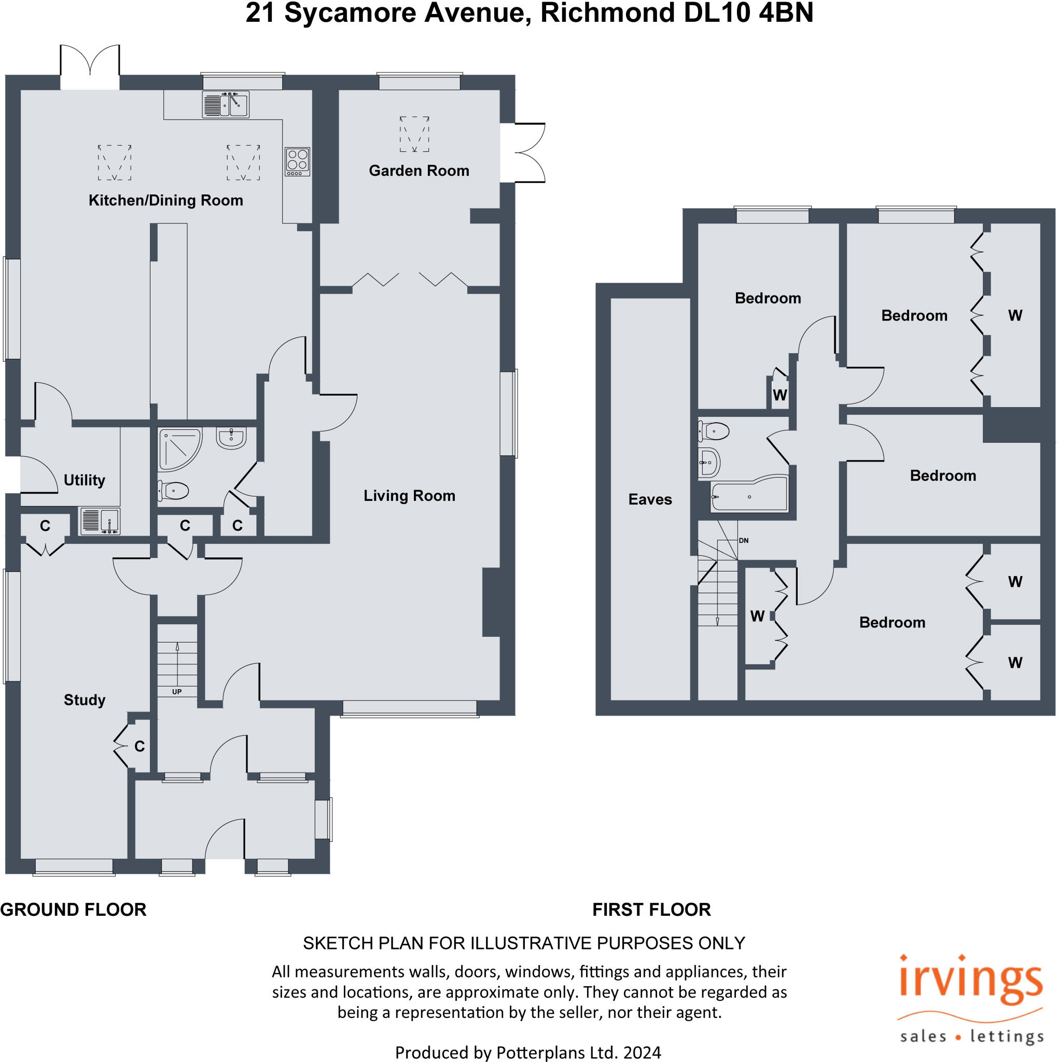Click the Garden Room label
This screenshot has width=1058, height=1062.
[419, 171]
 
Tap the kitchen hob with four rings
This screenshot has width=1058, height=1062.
[298, 162]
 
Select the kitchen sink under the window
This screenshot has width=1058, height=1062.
[226, 104]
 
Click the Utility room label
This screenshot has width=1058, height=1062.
[84, 480]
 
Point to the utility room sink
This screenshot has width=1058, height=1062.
[100, 521]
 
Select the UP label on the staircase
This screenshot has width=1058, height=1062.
[176, 692]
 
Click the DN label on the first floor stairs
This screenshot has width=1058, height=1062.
[744, 540]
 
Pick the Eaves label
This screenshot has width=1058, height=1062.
[650, 499]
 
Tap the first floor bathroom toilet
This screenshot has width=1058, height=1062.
[714, 431]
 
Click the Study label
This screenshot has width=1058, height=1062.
[84, 700]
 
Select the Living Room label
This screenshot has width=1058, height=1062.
[409, 496]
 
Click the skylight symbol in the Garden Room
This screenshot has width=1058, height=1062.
[414, 134]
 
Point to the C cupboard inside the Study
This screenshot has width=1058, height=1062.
[139, 746]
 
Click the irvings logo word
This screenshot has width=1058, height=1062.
[970, 982]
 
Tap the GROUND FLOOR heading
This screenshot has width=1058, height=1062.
[73, 909]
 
